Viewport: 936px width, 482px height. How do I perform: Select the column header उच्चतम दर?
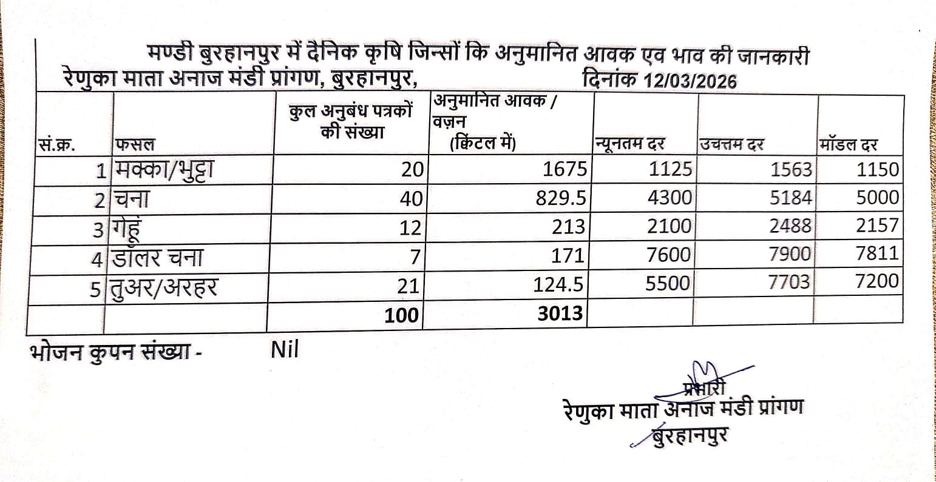[731, 145]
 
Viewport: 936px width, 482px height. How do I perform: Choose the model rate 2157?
[877, 226]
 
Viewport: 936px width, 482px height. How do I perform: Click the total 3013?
[559, 313]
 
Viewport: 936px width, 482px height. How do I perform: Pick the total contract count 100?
[401, 315]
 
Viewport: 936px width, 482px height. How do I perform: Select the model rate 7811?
[877, 253]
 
